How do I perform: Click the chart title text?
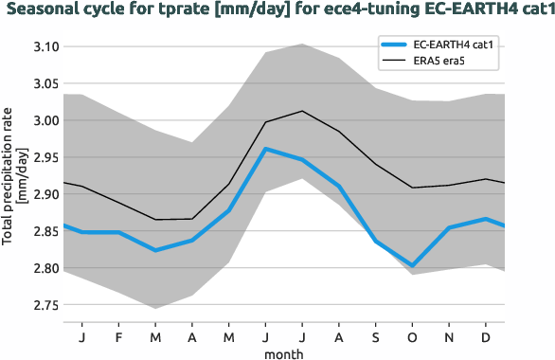click(277, 10)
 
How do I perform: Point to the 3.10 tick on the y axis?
click(45, 46)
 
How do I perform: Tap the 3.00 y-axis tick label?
click(45, 120)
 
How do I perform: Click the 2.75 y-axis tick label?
click(45, 305)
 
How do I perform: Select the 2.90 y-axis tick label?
click(45, 194)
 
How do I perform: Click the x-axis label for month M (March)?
click(156, 336)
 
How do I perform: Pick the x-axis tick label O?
click(413, 336)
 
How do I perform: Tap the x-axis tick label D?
click(486, 336)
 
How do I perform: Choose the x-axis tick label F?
click(119, 336)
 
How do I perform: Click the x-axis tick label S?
click(376, 336)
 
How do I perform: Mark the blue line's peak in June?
click(266, 149)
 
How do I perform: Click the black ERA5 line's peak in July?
click(302, 111)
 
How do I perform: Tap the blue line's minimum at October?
click(413, 266)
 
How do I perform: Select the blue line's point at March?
click(156, 250)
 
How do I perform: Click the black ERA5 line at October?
click(413, 188)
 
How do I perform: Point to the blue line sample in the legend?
click(396, 45)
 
